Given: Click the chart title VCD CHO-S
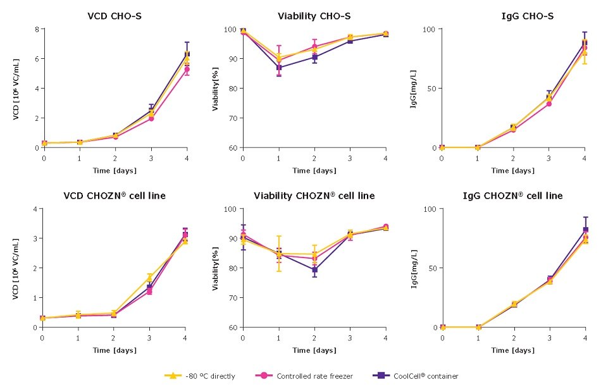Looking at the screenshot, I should click(114, 16).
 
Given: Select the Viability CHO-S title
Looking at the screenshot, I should click(314, 16).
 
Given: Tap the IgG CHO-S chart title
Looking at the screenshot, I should click(514, 16).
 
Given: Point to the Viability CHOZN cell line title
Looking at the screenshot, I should click(314, 195).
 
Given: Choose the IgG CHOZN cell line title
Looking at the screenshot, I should click(514, 195).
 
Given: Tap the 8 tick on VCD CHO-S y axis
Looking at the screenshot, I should click(37, 29).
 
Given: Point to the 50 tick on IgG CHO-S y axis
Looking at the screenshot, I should click(433, 89).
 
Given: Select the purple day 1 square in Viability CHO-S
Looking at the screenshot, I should click(278, 67).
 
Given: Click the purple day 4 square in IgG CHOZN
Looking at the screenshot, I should click(586, 230).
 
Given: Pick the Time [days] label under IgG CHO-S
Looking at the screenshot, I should click(513, 170).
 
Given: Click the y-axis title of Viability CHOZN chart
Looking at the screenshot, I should click(216, 268).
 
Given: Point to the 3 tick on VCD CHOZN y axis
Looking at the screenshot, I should click(37, 238).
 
